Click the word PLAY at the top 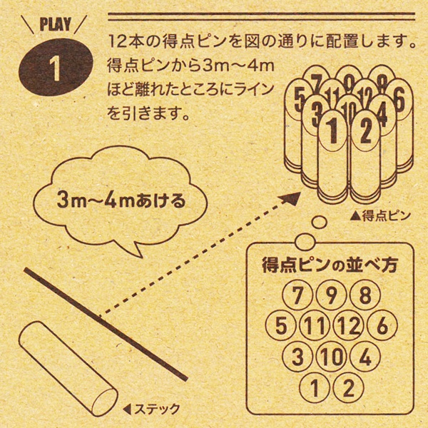point(56,24)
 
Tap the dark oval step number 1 point(56,67)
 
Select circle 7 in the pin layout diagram point(297,295)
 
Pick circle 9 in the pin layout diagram point(331,295)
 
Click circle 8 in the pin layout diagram point(365,295)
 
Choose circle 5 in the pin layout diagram point(280,325)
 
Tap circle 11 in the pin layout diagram point(315,325)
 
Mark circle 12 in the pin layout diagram point(348,325)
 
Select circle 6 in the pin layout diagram point(382,325)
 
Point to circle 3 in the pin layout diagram point(297,356)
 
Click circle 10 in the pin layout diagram point(331,356)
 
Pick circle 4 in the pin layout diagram point(365,356)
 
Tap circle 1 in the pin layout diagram point(315,387)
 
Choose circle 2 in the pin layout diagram point(348,387)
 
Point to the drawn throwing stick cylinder point(68,369)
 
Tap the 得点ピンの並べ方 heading point(330,265)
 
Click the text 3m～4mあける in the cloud point(121,200)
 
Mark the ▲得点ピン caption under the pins point(380,215)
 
